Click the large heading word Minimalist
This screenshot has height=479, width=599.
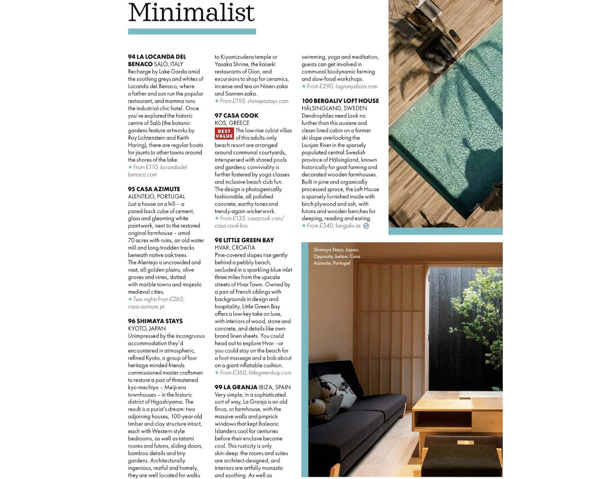(191, 12)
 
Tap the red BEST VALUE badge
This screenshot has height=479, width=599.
(224, 134)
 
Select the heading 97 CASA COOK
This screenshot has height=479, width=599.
(236, 116)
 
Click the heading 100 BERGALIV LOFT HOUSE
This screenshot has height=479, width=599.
(340, 101)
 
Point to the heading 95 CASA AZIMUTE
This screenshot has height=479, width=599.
(154, 189)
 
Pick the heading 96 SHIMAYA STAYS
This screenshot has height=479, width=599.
(155, 321)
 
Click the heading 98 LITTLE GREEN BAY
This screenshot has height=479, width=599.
(244, 240)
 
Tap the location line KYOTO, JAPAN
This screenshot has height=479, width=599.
(147, 329)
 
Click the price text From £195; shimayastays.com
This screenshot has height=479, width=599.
(254, 101)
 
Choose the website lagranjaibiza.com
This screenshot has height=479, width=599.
(356, 86)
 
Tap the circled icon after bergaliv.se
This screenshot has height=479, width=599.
(366, 226)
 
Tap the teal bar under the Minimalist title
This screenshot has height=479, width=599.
(192, 32)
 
